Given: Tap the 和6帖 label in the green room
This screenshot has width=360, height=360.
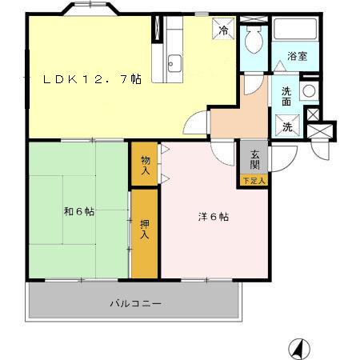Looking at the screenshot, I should pyautogui.click(x=79, y=212).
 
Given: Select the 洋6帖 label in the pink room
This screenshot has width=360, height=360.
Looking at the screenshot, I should pyautogui.click(x=214, y=217).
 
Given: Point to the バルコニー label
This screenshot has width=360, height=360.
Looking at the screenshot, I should pyautogui.click(x=135, y=305).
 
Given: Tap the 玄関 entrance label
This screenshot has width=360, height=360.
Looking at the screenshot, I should pyautogui.click(x=255, y=159).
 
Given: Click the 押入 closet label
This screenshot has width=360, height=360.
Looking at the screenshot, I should pyautogui.click(x=145, y=229).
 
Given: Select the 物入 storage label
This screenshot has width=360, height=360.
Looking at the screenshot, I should pyautogui.click(x=146, y=165).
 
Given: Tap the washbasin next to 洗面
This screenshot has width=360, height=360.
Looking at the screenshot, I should pyautogui.click(x=308, y=90).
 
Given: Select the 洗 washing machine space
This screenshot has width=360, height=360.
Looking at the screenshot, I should pyautogui.click(x=286, y=126).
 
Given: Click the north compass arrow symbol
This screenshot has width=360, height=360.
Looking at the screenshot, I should pyautogui.click(x=298, y=348).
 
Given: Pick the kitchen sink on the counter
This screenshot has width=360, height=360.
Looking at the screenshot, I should pyautogui.click(x=174, y=62).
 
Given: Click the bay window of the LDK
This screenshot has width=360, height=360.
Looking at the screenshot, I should pyautogui.click(x=89, y=10).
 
